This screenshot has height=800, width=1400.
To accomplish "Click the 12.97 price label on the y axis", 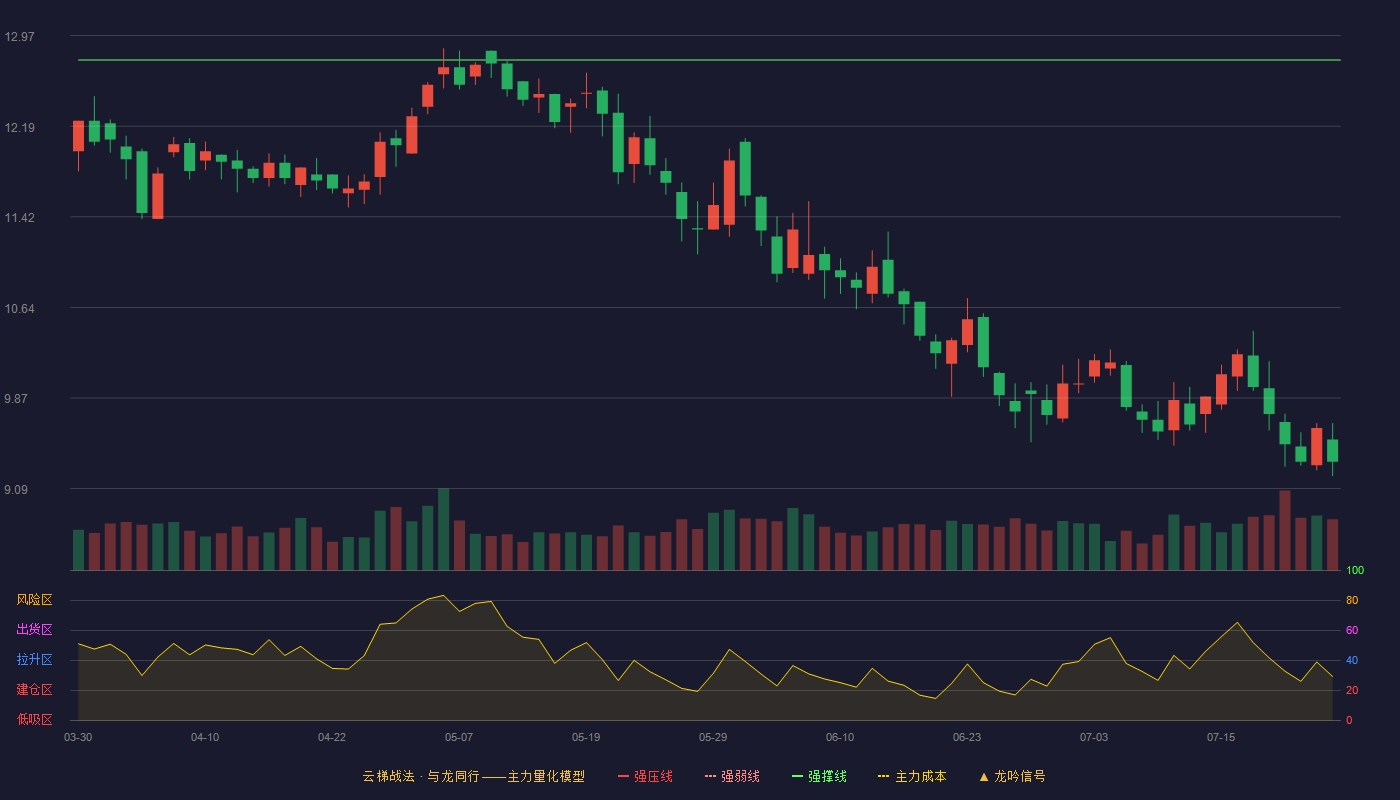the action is [x=19, y=37].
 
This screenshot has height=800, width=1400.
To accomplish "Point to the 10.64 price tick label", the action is [x=19, y=309].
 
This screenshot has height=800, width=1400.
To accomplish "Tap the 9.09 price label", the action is [x=16, y=489].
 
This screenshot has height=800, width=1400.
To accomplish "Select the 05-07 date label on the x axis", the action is [x=459, y=738].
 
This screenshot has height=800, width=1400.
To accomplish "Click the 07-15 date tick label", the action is [x=1221, y=738].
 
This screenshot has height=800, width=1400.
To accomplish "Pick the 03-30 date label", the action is [x=78, y=738].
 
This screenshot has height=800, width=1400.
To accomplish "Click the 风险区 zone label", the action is [x=34, y=600].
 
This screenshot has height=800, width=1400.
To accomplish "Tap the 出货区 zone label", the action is [x=34, y=629].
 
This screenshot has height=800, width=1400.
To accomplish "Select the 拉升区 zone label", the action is [x=34, y=659].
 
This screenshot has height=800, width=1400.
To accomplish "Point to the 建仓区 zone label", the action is [x=34, y=689].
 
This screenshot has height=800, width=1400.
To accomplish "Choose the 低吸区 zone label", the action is [x=34, y=719].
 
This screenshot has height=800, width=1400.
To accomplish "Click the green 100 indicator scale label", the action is [x=1355, y=570].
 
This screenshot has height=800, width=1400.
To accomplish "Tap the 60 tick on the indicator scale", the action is [x=1352, y=630].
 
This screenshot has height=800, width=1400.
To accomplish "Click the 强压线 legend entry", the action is [x=645, y=776].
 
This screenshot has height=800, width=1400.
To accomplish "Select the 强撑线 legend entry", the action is [x=819, y=776].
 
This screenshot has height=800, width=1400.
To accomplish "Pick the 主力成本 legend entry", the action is [x=912, y=776].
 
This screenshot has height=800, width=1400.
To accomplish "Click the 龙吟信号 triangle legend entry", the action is [x=1012, y=776].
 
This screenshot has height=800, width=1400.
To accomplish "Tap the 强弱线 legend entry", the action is [x=732, y=776].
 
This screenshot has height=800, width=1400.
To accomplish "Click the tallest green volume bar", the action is [x=444, y=529].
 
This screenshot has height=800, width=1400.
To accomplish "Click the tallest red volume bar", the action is [x=1285, y=531].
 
